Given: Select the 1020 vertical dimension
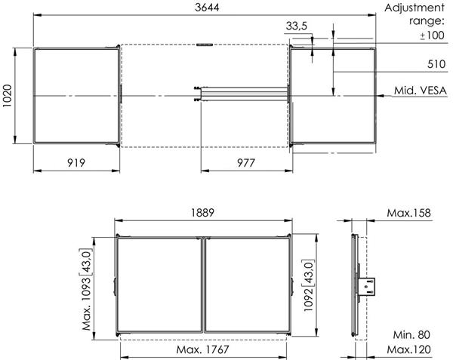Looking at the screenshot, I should [x=8, y=95].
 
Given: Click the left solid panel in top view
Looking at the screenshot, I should [x=75, y=95].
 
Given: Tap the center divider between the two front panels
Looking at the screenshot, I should [x=203, y=287].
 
